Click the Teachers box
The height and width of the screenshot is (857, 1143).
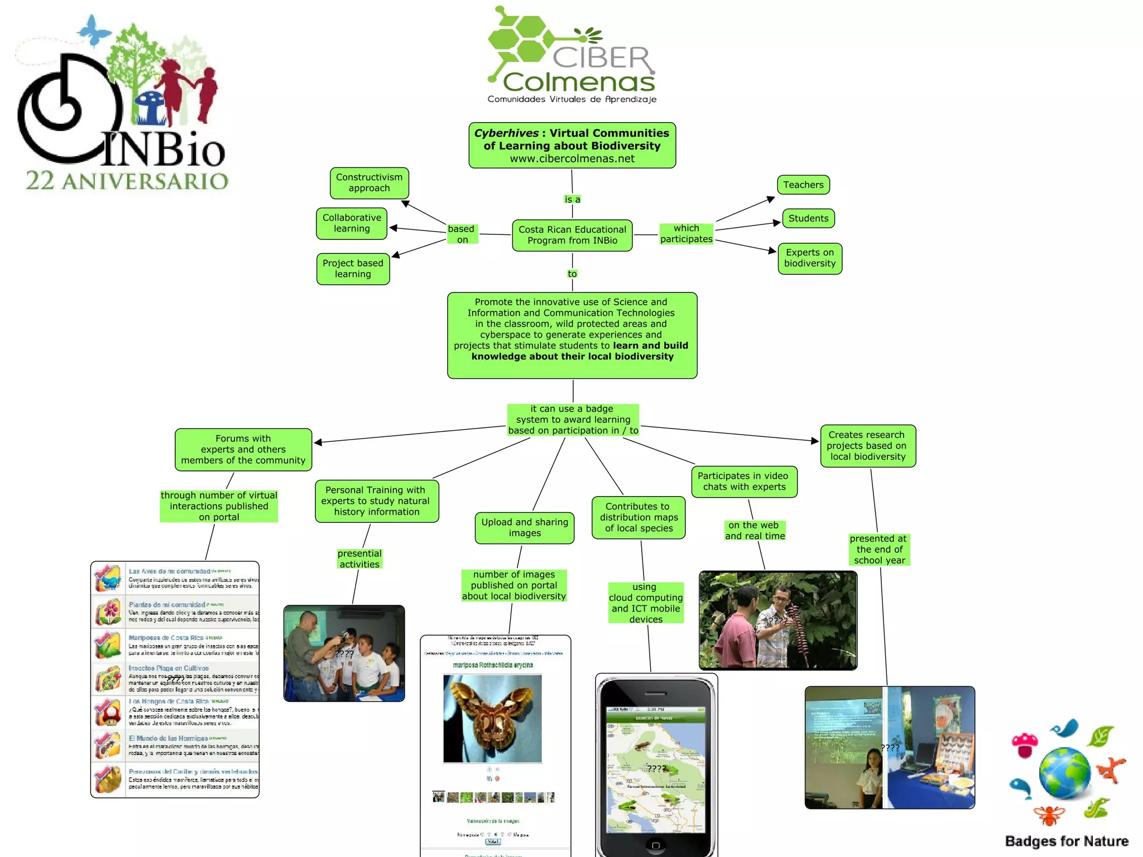point(803,185)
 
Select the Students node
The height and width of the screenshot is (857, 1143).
point(808,218)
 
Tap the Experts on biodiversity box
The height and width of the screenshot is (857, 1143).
point(809,258)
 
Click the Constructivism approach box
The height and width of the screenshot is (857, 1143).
point(369,182)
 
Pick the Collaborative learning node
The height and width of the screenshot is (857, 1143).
point(352,223)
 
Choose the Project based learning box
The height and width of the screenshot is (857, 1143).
point(353,268)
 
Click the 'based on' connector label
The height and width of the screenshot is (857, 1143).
point(462,234)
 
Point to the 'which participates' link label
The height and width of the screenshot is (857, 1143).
point(686,234)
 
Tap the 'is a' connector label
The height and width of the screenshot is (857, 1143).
point(572,199)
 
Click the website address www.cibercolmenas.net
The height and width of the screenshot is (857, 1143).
point(572,158)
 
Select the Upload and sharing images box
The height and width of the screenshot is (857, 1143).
point(524,528)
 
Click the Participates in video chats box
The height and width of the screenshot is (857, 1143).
point(743,482)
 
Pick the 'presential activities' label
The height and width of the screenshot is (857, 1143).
point(359,559)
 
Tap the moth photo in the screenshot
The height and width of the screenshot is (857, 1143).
point(492,718)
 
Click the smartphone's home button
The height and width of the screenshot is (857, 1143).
point(656,845)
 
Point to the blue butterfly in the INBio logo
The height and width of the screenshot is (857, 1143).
point(94,30)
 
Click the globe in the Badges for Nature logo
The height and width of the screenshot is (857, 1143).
point(1064,774)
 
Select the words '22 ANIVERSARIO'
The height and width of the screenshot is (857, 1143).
point(127,181)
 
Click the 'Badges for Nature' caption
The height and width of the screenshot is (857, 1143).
point(1067,841)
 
